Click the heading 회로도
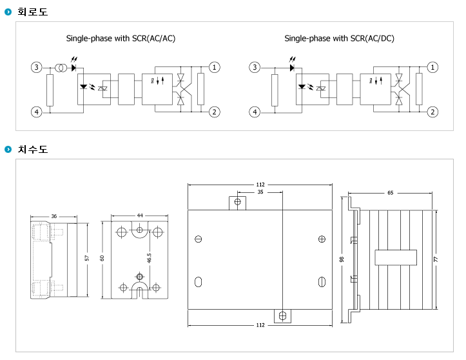point(32,12)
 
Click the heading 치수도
point(32,149)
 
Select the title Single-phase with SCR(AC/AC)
point(121,38)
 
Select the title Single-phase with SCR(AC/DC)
point(339,38)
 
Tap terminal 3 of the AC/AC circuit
point(37,67)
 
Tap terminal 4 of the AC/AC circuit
point(37,112)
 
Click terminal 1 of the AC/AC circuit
point(214,67)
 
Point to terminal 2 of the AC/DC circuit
point(432,112)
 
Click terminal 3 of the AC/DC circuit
point(255,67)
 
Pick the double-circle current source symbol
point(61,68)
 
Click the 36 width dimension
point(53,216)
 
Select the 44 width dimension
point(140,215)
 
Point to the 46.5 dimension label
point(149,258)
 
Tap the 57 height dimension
point(87,258)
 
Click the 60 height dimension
point(102,258)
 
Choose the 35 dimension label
point(260,192)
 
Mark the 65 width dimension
point(390,193)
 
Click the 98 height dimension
point(342,259)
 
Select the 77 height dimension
point(436,259)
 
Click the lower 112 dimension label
point(260,325)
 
